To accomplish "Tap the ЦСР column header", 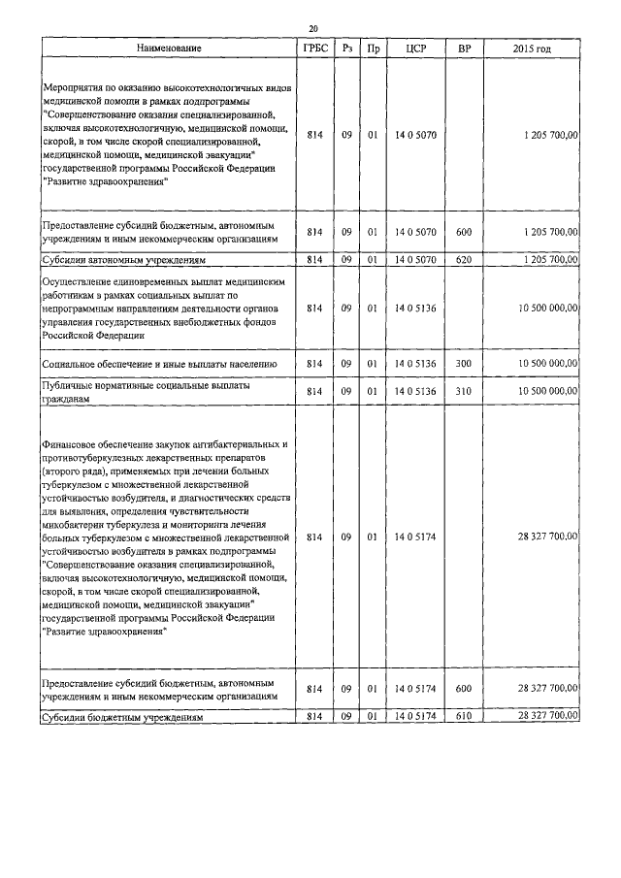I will click(x=416, y=48).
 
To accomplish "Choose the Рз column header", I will click(x=346, y=48).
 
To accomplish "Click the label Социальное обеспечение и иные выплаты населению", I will click(x=160, y=364).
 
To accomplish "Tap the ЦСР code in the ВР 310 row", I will click(x=416, y=391).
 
